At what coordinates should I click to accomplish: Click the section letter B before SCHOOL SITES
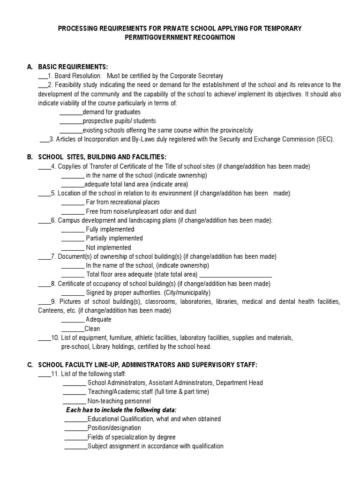pos(30,157)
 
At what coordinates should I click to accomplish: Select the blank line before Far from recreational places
pos(73,202)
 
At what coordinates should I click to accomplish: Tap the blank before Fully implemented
pos(73,230)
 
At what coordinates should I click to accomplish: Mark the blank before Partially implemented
pos(73,239)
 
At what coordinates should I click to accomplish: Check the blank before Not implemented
pos(73,248)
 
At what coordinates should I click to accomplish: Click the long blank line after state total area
pos(236,275)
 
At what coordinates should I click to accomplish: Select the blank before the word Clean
pos(73,329)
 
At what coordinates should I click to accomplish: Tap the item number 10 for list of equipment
pos(55,337)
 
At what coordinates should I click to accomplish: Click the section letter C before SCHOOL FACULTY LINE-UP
pos(30,364)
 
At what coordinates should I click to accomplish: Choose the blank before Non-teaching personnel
pos(74,401)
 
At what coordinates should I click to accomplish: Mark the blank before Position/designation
pos(75,428)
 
